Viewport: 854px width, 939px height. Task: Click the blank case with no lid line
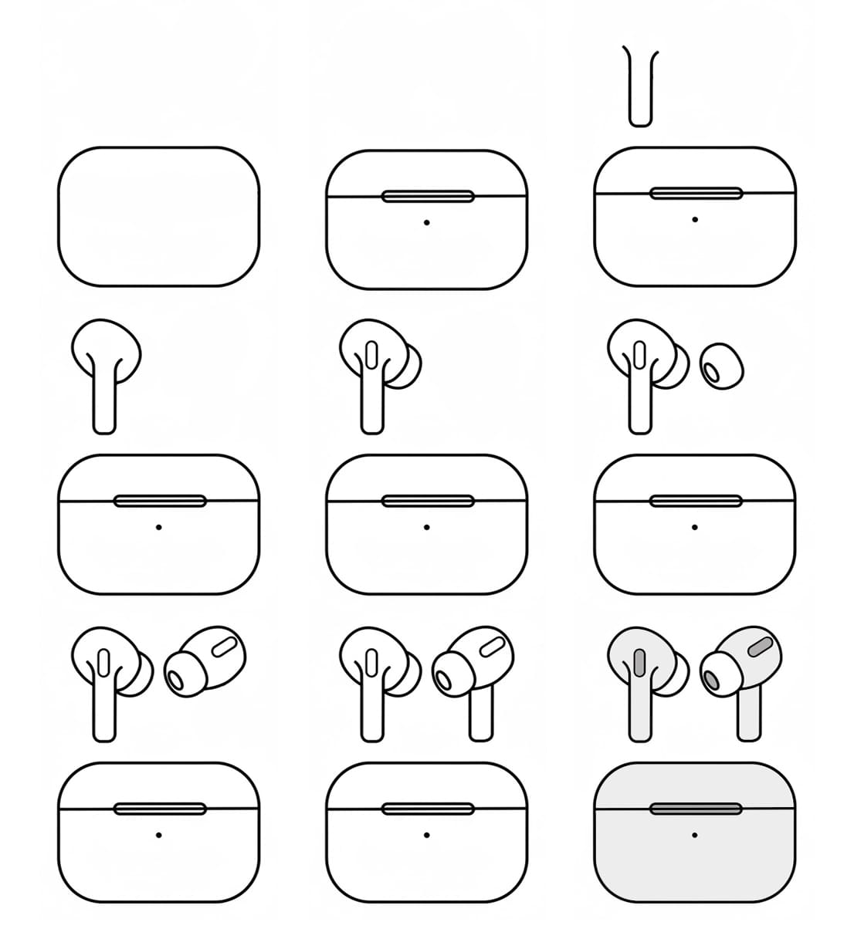(x=158, y=216)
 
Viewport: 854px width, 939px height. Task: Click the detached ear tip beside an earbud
(x=722, y=366)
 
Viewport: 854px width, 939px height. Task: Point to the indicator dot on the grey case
(x=695, y=835)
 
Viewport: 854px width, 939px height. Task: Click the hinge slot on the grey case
(x=695, y=809)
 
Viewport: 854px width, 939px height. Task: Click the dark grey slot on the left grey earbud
(x=639, y=663)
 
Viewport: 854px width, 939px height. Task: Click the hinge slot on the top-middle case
(x=427, y=196)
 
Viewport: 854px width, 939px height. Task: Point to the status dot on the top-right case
(x=695, y=220)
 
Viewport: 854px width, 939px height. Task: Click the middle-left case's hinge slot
(x=159, y=501)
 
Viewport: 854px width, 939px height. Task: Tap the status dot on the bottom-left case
(x=158, y=835)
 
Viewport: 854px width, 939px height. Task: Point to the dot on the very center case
(x=427, y=528)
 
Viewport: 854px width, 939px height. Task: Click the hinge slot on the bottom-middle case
(x=427, y=809)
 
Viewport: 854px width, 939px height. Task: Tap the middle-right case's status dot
(x=695, y=528)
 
